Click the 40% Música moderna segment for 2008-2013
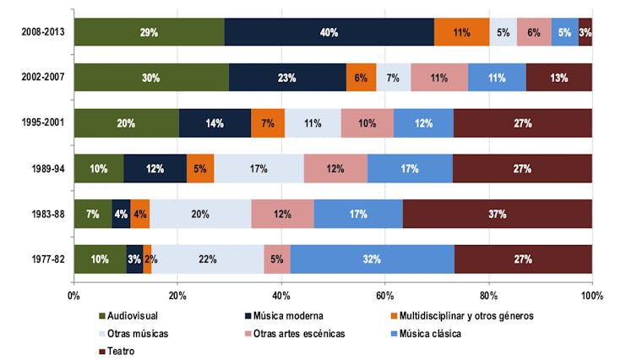(329, 32)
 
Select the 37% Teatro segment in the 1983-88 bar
(497, 214)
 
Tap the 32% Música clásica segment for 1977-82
(373, 259)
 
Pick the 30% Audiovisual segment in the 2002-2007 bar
(151, 78)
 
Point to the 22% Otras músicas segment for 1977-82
(208, 259)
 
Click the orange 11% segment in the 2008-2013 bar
(462, 32)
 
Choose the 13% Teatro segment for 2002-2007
(558, 78)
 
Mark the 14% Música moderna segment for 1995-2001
(215, 123)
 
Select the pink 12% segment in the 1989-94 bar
(335, 169)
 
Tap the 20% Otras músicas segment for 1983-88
(200, 214)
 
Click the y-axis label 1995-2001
(43, 123)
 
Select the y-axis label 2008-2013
(43, 32)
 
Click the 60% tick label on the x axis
(384, 297)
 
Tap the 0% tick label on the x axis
(73, 297)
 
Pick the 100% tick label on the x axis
(591, 297)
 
